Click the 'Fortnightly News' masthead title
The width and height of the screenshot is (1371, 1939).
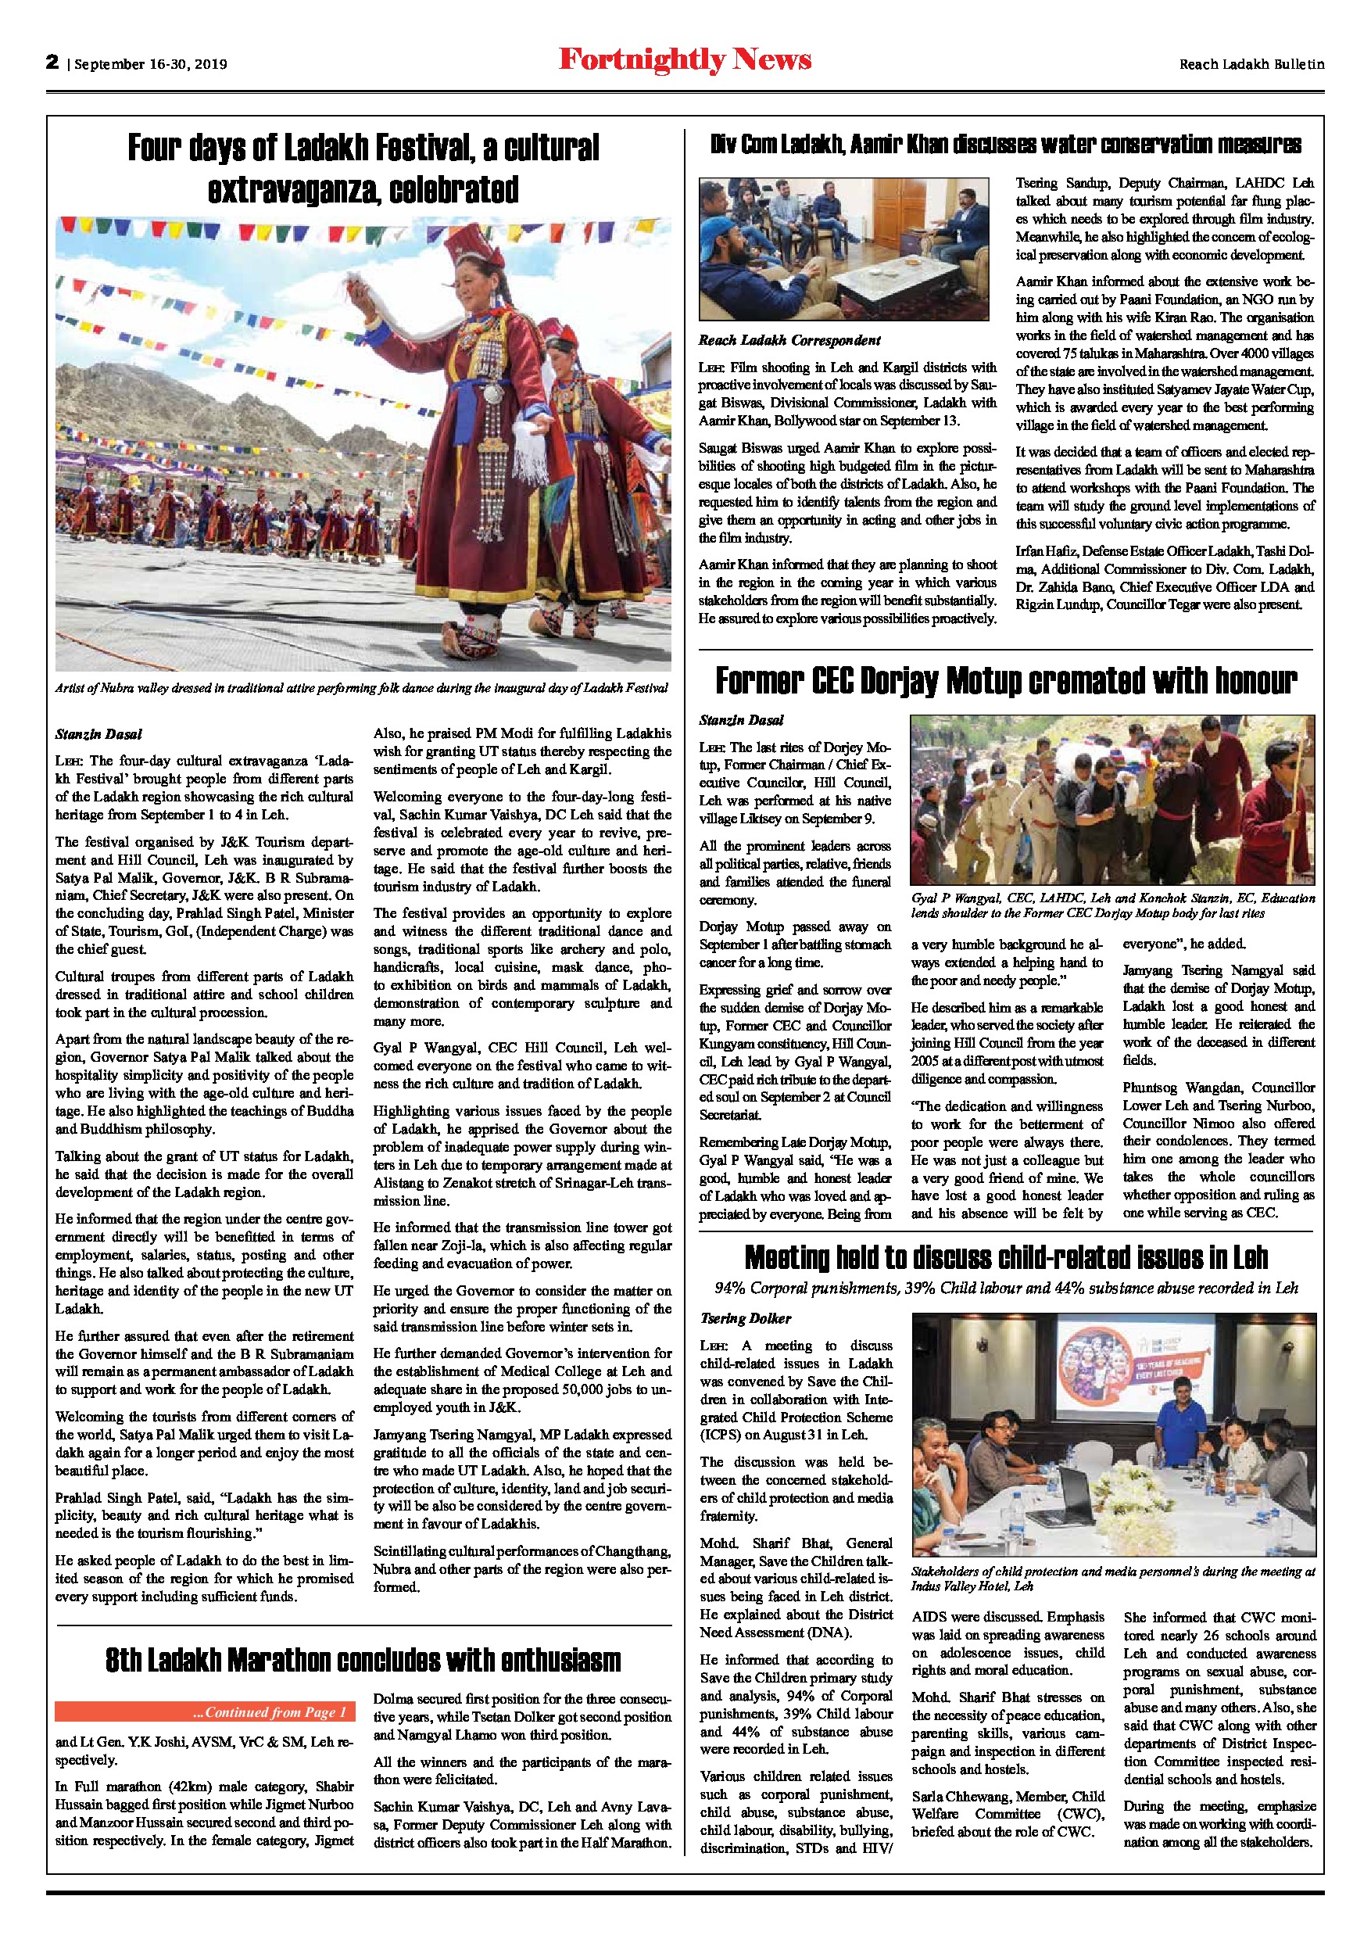coord(685,61)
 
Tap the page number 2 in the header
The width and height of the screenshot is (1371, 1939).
coord(52,63)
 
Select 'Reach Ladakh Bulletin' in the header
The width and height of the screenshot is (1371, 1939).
coord(1251,64)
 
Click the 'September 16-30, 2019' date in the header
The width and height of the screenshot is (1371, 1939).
coord(151,64)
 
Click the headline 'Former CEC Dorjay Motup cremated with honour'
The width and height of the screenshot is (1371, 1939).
coord(1005,681)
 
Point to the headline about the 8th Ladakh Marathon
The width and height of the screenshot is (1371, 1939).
coord(363,1661)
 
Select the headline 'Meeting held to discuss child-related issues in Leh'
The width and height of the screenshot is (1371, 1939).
coord(1005,1258)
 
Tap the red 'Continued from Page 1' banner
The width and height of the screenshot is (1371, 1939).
coord(205,1713)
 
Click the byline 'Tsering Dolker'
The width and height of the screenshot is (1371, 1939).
coord(746,1318)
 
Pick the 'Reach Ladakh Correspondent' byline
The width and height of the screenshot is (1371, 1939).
coord(789,340)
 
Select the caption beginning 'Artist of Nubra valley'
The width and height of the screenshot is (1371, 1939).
coord(361,687)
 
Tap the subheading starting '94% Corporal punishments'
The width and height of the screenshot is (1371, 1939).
coord(1005,1288)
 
